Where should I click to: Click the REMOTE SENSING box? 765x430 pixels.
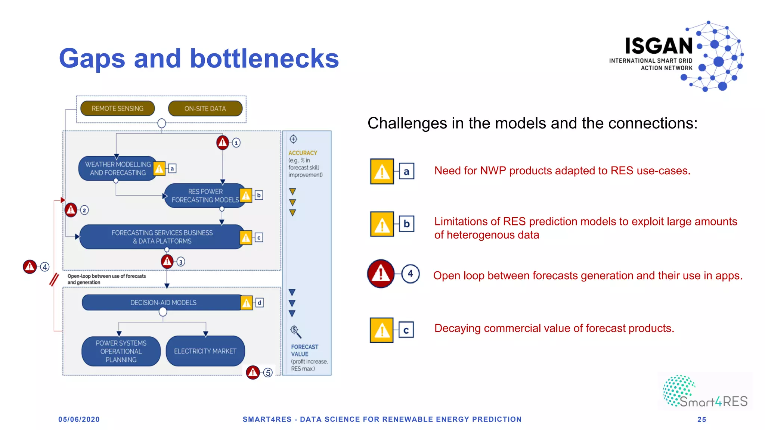pyautogui.click(x=117, y=109)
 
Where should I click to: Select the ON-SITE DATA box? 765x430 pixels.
pyautogui.click(x=205, y=109)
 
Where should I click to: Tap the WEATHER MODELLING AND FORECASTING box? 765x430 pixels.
pyautogui.click(x=117, y=168)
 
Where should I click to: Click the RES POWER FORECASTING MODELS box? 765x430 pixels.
pyautogui.click(x=205, y=196)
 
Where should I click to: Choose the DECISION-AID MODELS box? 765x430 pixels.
pyautogui.click(x=163, y=303)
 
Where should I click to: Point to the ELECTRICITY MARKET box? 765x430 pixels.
pyautogui.click(x=205, y=351)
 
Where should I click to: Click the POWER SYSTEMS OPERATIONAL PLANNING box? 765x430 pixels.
pyautogui.click(x=121, y=351)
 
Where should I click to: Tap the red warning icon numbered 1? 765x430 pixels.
pyautogui.click(x=223, y=142)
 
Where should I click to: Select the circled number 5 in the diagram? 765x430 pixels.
pyautogui.click(x=268, y=373)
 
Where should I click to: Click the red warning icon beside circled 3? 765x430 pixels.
pyautogui.click(x=167, y=261)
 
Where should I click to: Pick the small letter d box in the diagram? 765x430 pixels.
pyautogui.click(x=259, y=303)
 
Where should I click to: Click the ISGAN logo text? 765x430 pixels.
pyautogui.click(x=659, y=46)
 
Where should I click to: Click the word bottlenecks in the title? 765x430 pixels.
pyautogui.click(x=264, y=59)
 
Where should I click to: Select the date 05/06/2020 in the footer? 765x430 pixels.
pyautogui.click(x=79, y=419)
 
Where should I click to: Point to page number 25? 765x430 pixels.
pyautogui.click(x=701, y=420)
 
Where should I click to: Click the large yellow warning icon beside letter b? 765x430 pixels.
pyautogui.click(x=382, y=224)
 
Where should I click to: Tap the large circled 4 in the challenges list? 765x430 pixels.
pyautogui.click(x=410, y=274)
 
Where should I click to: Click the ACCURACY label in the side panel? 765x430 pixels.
pyautogui.click(x=303, y=153)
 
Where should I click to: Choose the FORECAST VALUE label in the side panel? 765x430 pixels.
pyautogui.click(x=304, y=350)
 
